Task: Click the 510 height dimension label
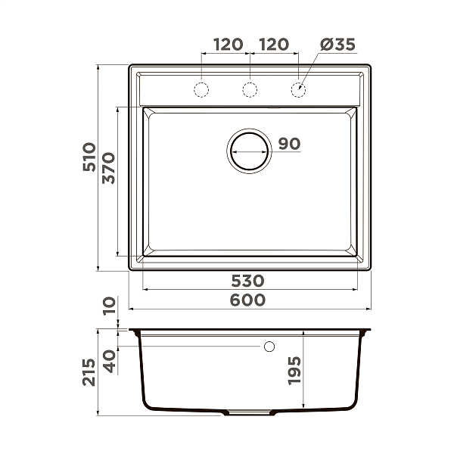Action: coord(89,160)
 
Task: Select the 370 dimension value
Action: coord(107,169)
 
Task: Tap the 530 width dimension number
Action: coord(250,281)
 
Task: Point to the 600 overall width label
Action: coord(249,300)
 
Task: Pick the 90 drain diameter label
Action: coord(289,144)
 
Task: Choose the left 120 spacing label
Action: coord(228,45)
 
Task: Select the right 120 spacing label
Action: coord(273,45)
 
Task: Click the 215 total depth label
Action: coord(89,372)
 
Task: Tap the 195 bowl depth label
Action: coord(295,371)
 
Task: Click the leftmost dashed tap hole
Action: coord(202,90)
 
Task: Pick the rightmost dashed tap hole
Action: coord(298,90)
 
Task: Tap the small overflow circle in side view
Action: coord(269,347)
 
